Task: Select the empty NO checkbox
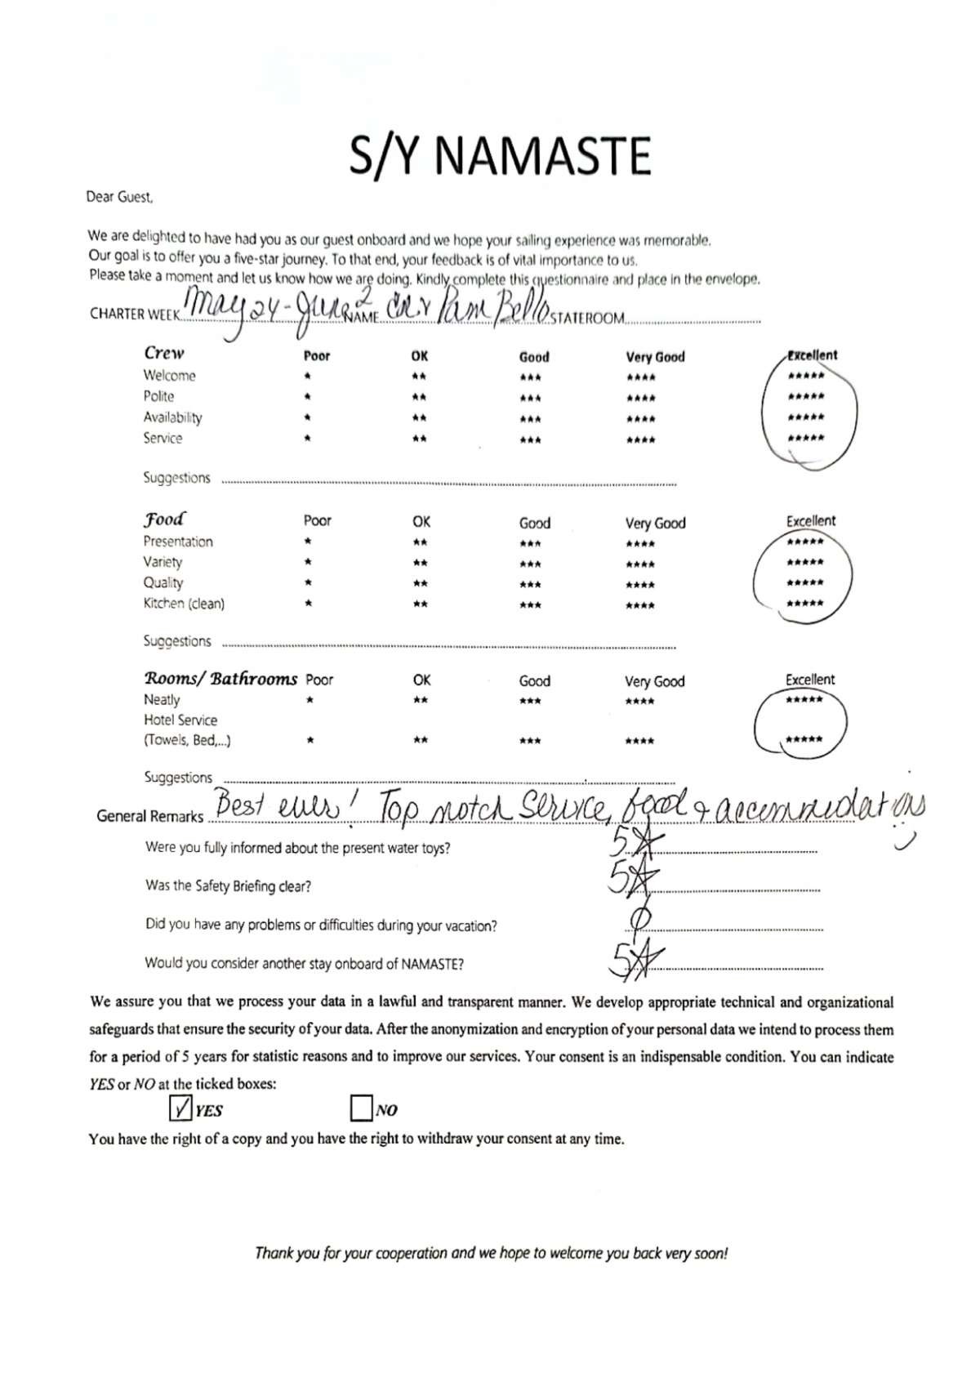(x=360, y=1108)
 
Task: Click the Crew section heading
(x=164, y=353)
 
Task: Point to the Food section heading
(x=164, y=520)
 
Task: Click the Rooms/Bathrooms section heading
(x=220, y=679)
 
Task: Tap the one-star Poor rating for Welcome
(x=307, y=377)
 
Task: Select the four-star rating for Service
(x=640, y=439)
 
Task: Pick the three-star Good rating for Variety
(x=529, y=564)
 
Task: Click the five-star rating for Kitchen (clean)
(x=804, y=604)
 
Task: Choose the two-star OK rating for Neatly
(x=420, y=701)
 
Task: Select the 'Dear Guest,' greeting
(x=119, y=197)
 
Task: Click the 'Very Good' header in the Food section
(x=655, y=523)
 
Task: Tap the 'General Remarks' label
(x=149, y=816)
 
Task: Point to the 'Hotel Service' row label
(x=180, y=720)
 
